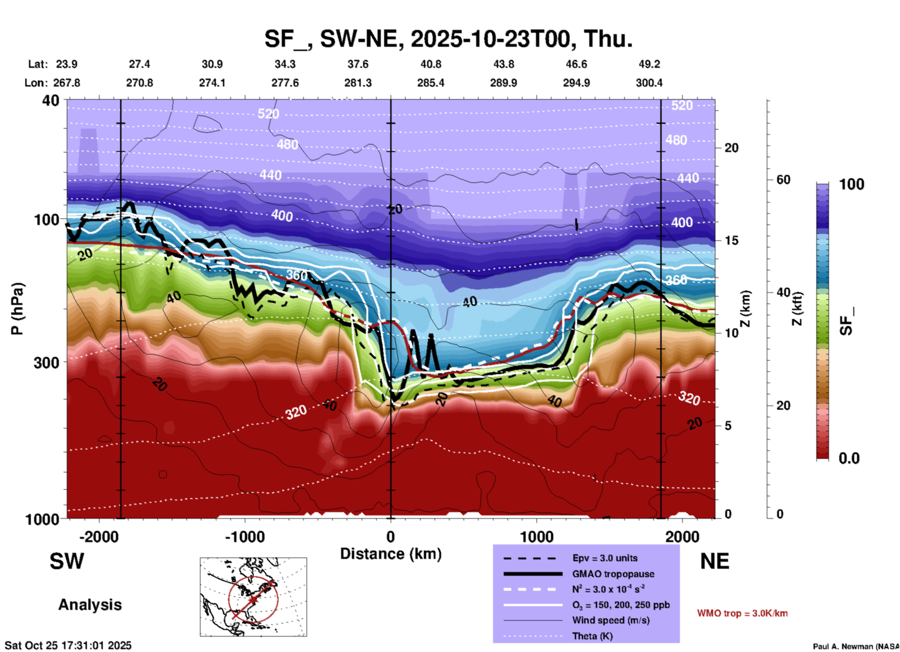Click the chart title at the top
pyautogui.click(x=449, y=39)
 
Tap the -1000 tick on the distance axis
pyautogui.click(x=245, y=536)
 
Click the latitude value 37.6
pyautogui.click(x=358, y=64)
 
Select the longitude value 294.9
pyautogui.click(x=576, y=83)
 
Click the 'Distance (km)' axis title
pyautogui.click(x=391, y=554)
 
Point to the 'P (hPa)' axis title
pyautogui.click(x=17, y=309)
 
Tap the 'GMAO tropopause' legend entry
pyautogui.click(x=613, y=574)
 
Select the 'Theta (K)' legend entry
pyautogui.click(x=593, y=636)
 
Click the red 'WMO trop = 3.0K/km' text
pyautogui.click(x=742, y=613)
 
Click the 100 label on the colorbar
pyautogui.click(x=851, y=184)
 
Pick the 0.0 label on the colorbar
pyautogui.click(x=849, y=458)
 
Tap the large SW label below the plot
pyautogui.click(x=67, y=561)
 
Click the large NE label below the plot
pyautogui.click(x=714, y=561)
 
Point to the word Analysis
pyautogui.click(x=90, y=605)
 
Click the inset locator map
pyautogui.click(x=253, y=597)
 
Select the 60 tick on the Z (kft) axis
pyautogui.click(x=783, y=180)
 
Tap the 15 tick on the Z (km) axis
pyautogui.click(x=731, y=240)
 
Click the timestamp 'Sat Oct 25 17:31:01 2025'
pyautogui.click(x=68, y=645)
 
